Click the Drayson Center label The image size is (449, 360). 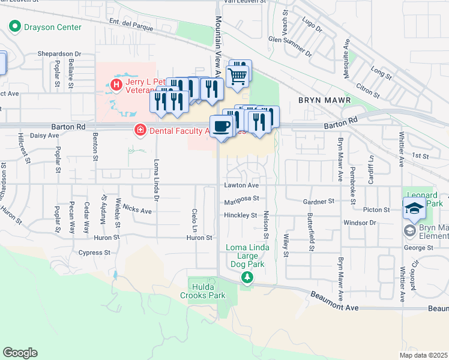tap(52, 27)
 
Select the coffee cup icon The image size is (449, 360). tap(221, 125)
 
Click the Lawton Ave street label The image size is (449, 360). tap(242, 185)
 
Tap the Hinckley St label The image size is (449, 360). tap(241, 215)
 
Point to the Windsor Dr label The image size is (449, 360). tap(360, 223)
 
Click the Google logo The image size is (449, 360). tap(20, 353)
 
